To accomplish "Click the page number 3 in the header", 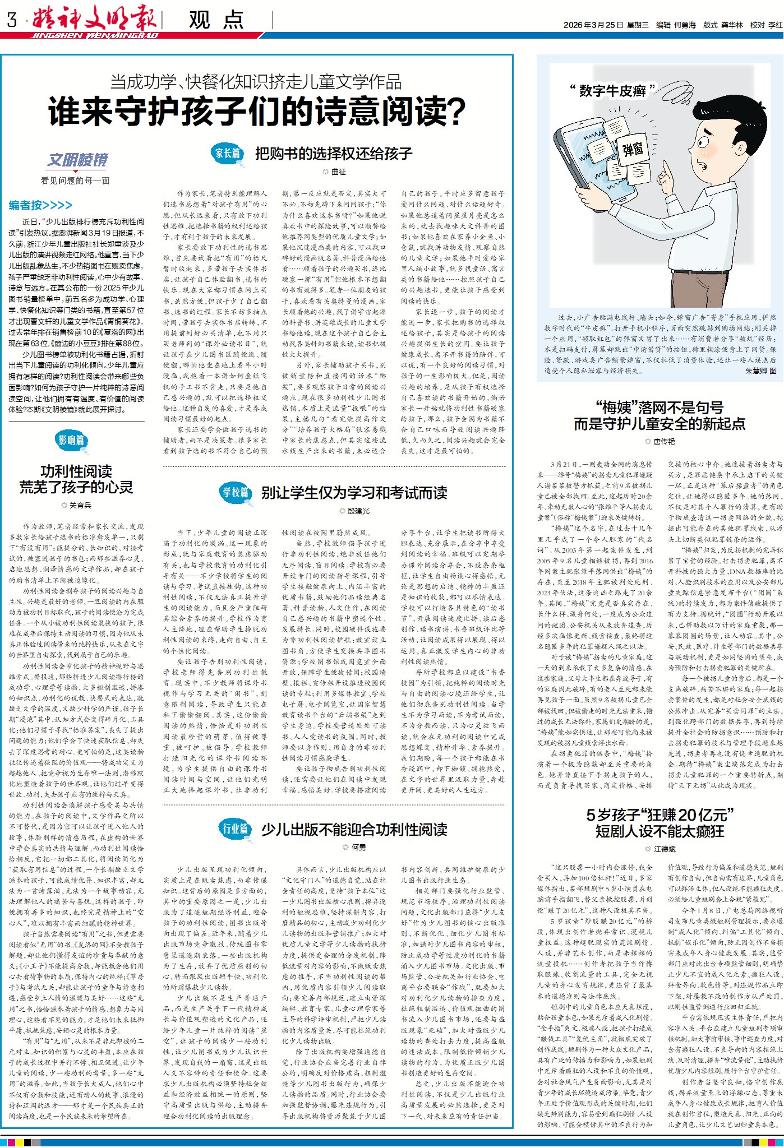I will [12, 20].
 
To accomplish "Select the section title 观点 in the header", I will [216, 20].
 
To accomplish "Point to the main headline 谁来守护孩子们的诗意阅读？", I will [257, 111].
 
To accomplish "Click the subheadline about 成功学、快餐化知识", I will [256, 82].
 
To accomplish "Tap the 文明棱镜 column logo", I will [77, 160].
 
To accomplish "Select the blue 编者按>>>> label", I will [40, 205].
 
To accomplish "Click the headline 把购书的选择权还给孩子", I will [334, 154].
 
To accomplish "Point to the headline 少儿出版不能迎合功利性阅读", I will [354, 830].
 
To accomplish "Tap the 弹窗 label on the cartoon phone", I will [633, 150].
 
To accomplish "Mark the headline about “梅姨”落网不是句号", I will [660, 416].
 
